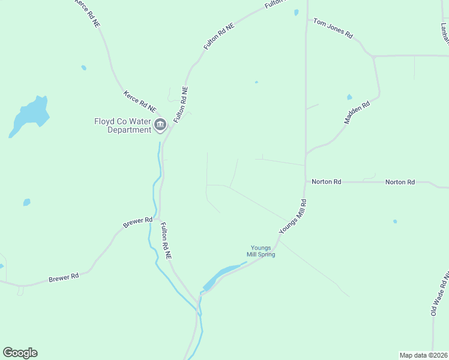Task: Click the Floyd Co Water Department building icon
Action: [160, 125]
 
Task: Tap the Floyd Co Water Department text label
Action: [122, 125]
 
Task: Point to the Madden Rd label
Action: [357, 112]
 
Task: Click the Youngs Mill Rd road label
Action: [293, 217]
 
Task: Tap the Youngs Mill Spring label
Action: [261, 251]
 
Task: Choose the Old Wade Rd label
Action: [439, 295]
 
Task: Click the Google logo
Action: [20, 353]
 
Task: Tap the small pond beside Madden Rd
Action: [349, 97]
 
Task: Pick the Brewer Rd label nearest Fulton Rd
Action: [138, 222]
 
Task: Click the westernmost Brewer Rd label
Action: [64, 278]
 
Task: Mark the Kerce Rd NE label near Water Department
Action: [140, 102]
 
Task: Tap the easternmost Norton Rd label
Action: [400, 182]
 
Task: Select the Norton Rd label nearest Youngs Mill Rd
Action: [326, 181]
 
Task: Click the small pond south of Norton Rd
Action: [395, 221]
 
